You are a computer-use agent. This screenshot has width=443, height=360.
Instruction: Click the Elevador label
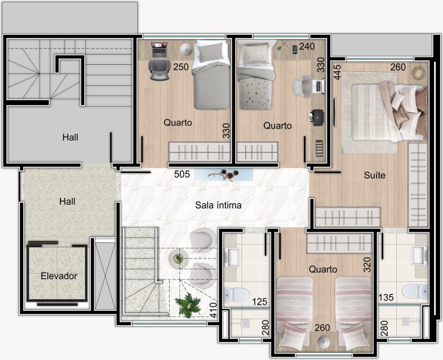[x=59, y=276]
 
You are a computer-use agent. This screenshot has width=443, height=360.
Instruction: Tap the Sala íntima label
[x=218, y=205]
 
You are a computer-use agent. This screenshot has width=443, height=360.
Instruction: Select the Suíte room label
[x=375, y=175]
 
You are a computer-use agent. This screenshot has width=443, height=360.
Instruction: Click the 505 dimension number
[x=182, y=174]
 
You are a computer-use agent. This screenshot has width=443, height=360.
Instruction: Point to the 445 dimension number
[x=337, y=73]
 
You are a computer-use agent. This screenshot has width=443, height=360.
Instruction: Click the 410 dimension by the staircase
[x=213, y=310]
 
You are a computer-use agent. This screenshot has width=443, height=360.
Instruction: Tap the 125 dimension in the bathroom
[x=260, y=302]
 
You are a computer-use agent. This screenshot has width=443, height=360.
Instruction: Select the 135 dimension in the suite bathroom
[x=386, y=297]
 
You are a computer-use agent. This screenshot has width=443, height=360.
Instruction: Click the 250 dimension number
[x=181, y=67]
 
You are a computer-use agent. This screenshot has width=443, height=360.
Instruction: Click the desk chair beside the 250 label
[x=159, y=70]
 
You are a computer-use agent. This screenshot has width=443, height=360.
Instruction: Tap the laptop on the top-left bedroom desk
[x=159, y=49]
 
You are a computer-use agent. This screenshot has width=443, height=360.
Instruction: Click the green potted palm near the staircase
[x=188, y=305]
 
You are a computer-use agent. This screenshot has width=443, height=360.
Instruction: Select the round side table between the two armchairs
[x=179, y=258]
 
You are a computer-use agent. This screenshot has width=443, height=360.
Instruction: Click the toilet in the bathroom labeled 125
[x=236, y=294]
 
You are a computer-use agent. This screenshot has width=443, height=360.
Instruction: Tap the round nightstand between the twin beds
[x=324, y=341]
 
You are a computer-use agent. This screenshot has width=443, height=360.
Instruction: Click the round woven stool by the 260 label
[x=418, y=73]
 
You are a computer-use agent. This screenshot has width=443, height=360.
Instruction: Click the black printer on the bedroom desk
[x=317, y=117]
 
